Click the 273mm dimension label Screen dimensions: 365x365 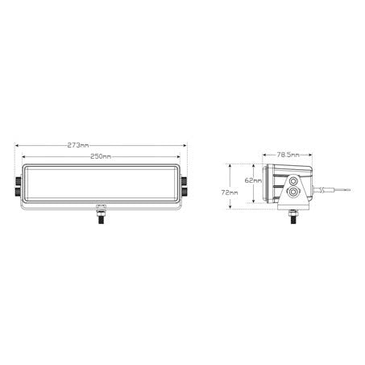pos(78,145)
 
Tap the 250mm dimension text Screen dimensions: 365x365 pos(101,156)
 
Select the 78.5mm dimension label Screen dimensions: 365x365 pos(288,155)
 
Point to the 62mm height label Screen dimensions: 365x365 pos(253,180)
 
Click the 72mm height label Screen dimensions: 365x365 pos(230,193)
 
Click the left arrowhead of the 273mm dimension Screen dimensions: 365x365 pos(17,145)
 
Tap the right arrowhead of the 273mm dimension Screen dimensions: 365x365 pos(185,145)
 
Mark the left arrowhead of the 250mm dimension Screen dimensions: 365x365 pos(24,156)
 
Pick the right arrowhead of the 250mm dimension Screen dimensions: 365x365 pos(178,156)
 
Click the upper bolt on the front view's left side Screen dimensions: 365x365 pos(19,180)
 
